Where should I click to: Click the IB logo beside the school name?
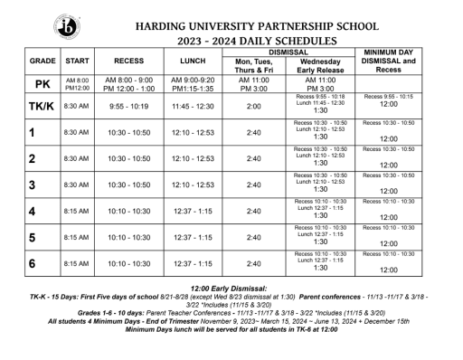(x=67, y=25)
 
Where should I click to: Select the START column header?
(x=76, y=62)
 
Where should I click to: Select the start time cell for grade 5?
(x=76, y=238)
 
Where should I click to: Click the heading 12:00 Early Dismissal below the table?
(x=231, y=287)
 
